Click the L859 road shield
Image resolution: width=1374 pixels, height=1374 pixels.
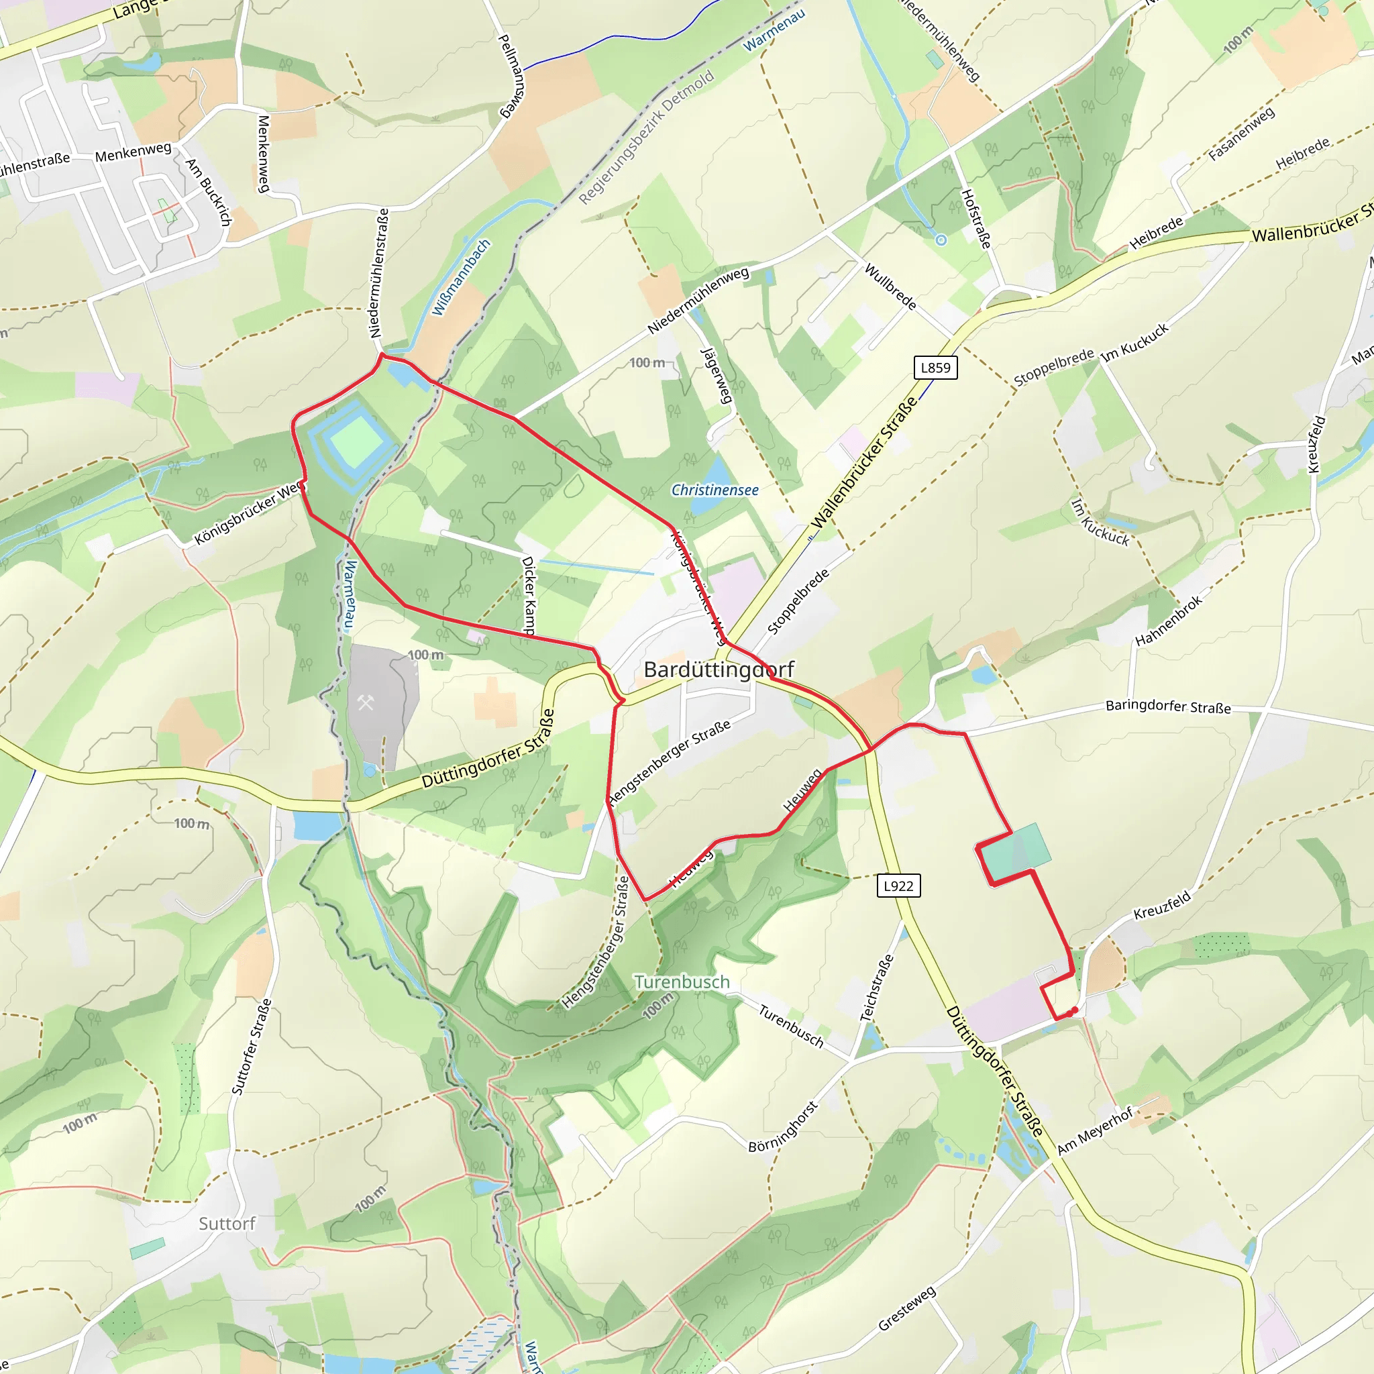935,368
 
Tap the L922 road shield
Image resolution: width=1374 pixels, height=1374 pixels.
898,886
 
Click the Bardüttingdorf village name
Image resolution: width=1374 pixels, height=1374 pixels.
719,669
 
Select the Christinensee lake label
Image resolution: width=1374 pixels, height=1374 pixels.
715,490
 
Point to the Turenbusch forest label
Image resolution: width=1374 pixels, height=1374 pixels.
682,982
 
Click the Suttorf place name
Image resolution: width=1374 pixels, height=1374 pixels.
227,1224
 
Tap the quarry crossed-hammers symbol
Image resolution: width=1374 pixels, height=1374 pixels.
366,702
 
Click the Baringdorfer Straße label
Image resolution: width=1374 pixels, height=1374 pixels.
1168,706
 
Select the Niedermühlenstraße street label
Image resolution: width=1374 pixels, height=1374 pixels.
379,273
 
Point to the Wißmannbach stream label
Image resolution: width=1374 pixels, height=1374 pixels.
462,277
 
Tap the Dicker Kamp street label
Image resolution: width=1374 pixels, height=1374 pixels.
529,595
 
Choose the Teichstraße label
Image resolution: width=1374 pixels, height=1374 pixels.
877,988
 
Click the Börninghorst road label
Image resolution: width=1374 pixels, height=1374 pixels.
783,1126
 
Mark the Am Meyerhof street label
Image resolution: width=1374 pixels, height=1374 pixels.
1094,1130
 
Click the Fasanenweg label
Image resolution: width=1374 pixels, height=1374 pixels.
1242,133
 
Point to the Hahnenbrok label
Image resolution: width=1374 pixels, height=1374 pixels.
1169,620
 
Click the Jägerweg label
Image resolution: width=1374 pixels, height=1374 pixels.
717,375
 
